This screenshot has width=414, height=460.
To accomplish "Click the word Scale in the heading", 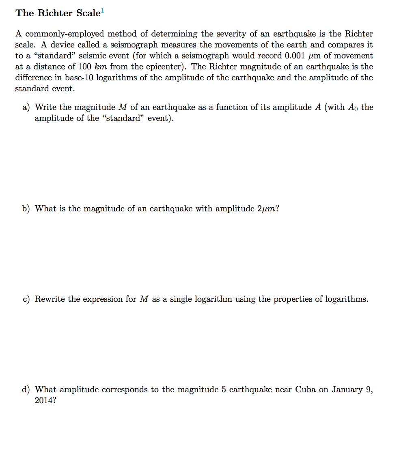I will point(87,13).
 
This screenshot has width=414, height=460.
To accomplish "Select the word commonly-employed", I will point(65,34).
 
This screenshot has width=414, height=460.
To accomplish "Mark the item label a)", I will point(26,107).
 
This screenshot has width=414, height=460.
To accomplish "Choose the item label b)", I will point(26,209).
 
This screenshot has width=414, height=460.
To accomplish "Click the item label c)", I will point(26,299).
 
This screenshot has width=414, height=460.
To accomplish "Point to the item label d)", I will point(26,390).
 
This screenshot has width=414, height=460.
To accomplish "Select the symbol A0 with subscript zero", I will point(351,108).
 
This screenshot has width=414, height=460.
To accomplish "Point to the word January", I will point(347,390).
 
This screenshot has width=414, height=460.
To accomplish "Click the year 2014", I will point(45,401).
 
